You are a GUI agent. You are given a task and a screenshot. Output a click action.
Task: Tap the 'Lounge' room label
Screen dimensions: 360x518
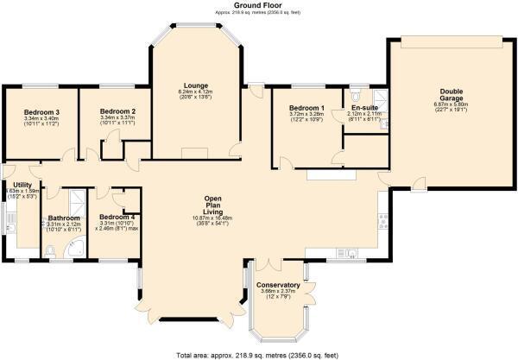coord(194,85)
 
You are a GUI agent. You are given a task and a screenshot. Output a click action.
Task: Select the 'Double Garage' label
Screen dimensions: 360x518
coord(451,95)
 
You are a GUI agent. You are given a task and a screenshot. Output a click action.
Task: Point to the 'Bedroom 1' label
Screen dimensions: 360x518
coord(306,107)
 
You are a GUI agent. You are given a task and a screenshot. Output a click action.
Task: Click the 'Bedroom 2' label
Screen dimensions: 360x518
coord(117,111)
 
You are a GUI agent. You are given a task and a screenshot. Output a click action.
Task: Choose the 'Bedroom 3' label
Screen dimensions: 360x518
coord(41,113)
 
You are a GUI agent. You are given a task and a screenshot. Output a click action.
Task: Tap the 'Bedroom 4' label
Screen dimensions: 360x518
coord(116,217)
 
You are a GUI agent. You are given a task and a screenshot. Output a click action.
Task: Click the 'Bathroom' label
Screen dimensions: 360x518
coord(65,218)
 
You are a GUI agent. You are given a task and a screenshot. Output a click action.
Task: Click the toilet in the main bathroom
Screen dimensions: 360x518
coord(50,251)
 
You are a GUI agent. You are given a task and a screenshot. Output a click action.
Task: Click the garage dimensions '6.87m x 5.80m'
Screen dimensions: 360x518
coord(451,108)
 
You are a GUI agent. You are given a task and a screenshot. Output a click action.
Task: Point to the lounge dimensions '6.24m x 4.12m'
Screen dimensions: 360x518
coord(194,92)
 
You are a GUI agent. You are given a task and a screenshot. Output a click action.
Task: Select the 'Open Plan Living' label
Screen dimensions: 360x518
coord(212,204)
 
